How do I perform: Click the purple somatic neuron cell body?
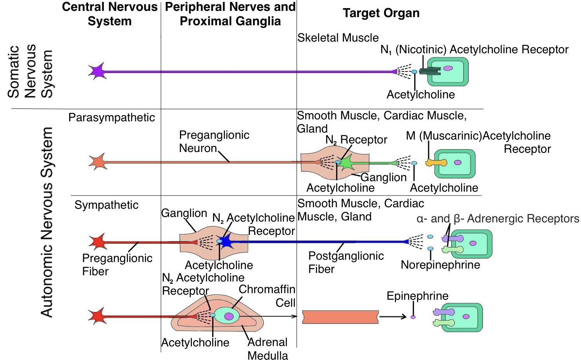click(97, 71)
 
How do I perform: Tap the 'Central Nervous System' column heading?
click(110, 14)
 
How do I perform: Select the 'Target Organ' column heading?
click(381, 13)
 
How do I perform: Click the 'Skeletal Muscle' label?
click(338, 38)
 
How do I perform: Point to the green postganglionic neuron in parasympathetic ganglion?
click(346, 163)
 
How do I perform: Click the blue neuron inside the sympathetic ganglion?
click(226, 242)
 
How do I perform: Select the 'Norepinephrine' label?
click(440, 265)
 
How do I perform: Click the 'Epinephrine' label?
click(417, 296)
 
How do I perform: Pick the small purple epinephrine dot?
click(413, 317)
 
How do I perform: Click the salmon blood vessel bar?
click(340, 317)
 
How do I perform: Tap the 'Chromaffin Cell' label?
click(267, 296)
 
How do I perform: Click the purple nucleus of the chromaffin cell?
click(229, 316)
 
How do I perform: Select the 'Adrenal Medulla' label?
click(268, 349)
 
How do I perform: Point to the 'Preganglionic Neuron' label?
click(214, 142)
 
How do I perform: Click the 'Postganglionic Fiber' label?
click(345, 262)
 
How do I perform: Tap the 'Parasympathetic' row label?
click(112, 117)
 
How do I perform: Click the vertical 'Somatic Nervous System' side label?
click(30, 71)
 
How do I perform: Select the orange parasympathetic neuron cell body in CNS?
click(98, 162)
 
